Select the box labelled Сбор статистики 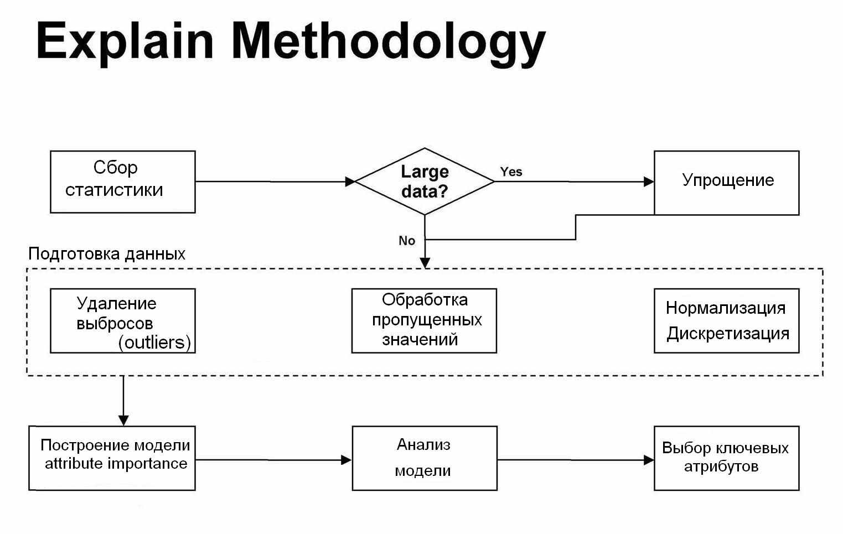(x=123, y=182)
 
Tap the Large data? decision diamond (x=425, y=182)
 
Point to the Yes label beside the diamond (x=511, y=172)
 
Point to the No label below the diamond (x=407, y=241)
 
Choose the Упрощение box (x=727, y=183)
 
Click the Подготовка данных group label (x=107, y=254)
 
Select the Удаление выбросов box (x=123, y=321)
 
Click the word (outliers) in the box (x=154, y=343)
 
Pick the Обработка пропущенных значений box (x=424, y=321)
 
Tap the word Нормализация (x=726, y=308)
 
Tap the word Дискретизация (x=728, y=334)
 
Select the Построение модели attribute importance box (x=112, y=458)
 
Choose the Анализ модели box (x=425, y=458)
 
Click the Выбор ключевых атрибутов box (x=727, y=458)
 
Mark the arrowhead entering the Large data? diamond (x=350, y=182)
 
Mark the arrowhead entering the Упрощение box (x=649, y=182)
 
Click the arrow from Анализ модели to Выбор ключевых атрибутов (x=576, y=460)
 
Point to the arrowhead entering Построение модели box (x=123, y=421)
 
